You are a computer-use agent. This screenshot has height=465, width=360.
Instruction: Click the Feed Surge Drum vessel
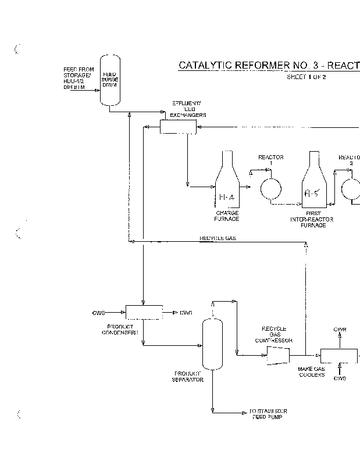pos(109,80)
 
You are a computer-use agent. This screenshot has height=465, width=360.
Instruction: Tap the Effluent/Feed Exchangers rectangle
pos(178,127)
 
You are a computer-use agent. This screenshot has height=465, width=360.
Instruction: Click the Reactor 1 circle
pos(270,188)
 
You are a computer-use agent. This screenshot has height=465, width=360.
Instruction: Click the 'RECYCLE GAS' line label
pos(218,239)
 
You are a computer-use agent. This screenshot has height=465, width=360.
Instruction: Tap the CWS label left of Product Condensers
pos(99,313)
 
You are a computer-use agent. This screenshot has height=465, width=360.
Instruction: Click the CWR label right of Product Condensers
pos(186,313)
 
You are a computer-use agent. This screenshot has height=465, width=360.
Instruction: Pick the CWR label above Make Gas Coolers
pos(340,330)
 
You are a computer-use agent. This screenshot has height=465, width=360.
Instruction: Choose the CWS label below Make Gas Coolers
pos(340,378)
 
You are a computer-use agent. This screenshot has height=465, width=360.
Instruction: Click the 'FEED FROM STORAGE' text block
pos(78,78)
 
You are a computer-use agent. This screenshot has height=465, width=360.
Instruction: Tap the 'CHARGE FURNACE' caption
pos(227,216)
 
